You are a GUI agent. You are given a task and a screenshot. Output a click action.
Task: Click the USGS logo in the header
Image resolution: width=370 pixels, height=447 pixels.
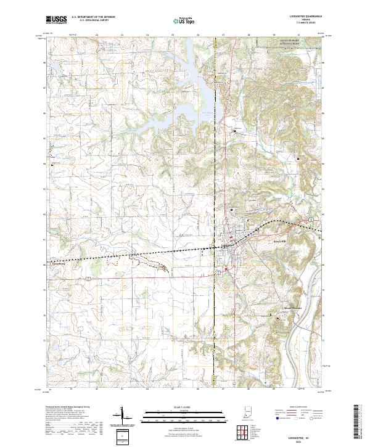point(56,20)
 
